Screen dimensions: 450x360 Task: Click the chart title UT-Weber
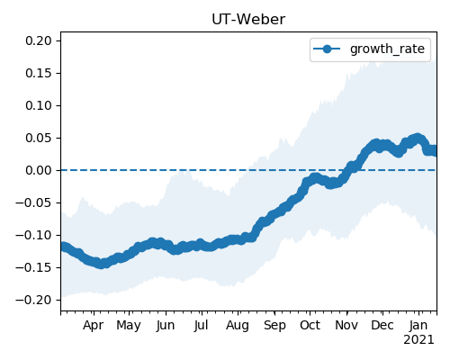point(248,20)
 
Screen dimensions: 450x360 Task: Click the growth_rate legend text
point(387,49)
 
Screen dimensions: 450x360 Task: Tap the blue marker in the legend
point(327,49)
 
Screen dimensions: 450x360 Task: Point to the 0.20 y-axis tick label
point(39,40)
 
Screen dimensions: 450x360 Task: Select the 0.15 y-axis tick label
point(39,73)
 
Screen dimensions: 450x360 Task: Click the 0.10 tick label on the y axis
point(39,105)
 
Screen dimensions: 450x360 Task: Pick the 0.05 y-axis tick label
point(39,138)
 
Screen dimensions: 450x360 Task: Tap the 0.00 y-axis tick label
point(39,170)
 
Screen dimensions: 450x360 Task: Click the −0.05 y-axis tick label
point(34,202)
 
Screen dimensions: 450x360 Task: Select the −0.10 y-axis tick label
point(34,235)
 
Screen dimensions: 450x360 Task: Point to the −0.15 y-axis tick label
point(34,267)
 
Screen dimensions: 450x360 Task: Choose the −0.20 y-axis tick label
point(34,300)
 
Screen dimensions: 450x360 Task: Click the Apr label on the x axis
point(94,326)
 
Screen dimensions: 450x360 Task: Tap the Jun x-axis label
point(166,326)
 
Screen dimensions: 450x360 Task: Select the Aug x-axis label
point(238,326)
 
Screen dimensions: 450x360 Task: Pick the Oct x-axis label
point(310,325)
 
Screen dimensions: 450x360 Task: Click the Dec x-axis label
point(382,325)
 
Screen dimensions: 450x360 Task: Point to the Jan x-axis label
point(418,325)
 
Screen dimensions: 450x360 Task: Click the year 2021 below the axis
point(418,340)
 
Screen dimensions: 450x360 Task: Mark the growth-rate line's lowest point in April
point(102,264)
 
